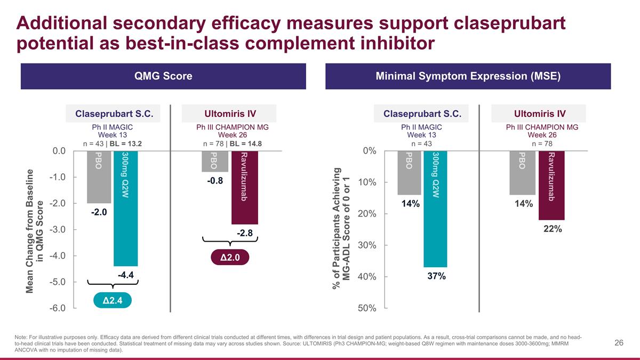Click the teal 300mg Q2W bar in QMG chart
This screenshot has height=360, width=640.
(x=126, y=208)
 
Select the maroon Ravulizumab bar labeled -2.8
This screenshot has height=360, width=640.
(x=244, y=187)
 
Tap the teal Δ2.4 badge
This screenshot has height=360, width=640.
(x=112, y=301)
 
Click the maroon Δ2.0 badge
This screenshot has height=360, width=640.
(x=230, y=258)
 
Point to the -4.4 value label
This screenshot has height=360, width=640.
(x=125, y=275)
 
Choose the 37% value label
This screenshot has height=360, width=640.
(x=436, y=276)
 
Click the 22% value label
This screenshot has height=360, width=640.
(x=552, y=229)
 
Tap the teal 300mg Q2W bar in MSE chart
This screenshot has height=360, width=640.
(x=435, y=209)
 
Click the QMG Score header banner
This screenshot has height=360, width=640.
(x=163, y=76)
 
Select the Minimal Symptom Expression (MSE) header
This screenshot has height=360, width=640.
(x=468, y=76)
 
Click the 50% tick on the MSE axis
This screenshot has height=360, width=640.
(x=367, y=308)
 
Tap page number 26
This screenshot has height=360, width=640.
(x=619, y=343)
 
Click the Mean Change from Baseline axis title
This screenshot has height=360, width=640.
(x=35, y=230)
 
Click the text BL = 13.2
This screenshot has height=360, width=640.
(x=126, y=143)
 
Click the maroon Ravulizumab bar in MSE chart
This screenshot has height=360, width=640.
(x=551, y=185)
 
